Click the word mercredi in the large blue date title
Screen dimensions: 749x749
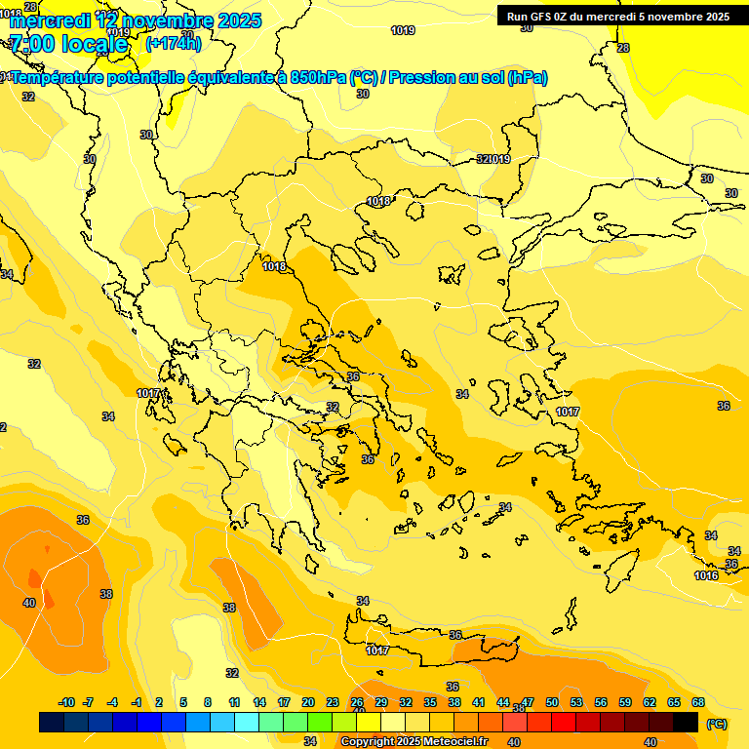(50, 20)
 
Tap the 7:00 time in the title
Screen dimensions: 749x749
(29, 45)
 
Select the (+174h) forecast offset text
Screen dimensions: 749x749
(173, 43)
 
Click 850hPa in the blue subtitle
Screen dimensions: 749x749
(318, 77)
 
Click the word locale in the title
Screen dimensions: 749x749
(95, 45)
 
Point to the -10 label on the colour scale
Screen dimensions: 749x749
(66, 702)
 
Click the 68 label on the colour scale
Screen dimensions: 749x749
(697, 702)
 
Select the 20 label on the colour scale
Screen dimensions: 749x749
(307, 702)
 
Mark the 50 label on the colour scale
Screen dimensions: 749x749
(552, 702)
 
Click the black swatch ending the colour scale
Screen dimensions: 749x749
(686, 722)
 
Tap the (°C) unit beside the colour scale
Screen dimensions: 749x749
(716, 724)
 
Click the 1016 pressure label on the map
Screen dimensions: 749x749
(706, 576)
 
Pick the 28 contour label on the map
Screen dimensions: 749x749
(623, 48)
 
